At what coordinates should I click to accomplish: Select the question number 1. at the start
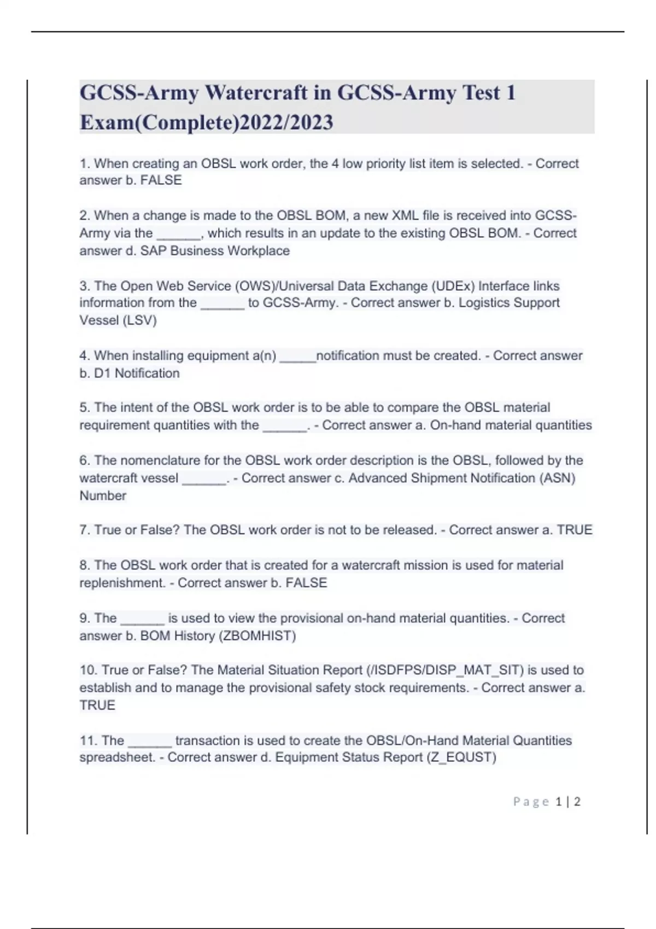[85, 163]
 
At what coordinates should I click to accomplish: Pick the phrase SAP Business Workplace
[215, 251]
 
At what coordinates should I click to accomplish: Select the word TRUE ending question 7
[575, 530]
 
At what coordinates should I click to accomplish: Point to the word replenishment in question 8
[122, 583]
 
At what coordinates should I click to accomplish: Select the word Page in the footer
[531, 802]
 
